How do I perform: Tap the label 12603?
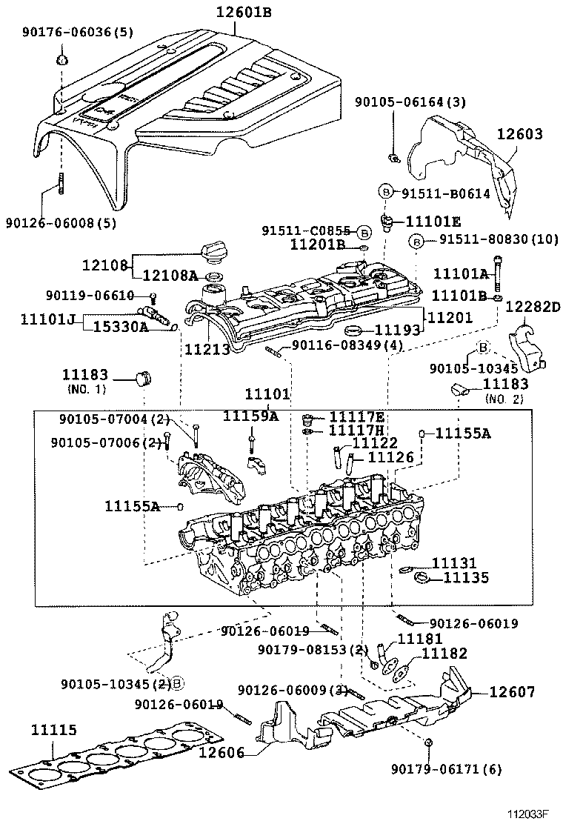click(519, 134)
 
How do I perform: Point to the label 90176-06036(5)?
click(67, 32)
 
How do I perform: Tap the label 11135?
click(466, 578)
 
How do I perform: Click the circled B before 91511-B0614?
click(386, 192)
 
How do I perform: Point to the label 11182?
click(444, 653)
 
